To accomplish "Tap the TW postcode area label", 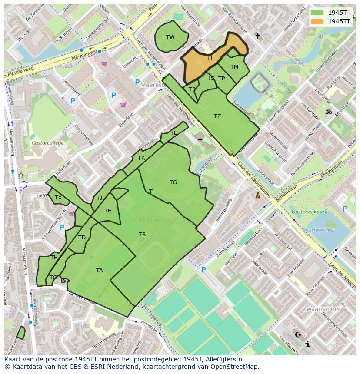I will tap(170, 37).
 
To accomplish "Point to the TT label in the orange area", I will tap(210, 57).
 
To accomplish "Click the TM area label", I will tap(234, 67).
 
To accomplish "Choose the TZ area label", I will tap(217, 116).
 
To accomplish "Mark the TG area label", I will tap(173, 182).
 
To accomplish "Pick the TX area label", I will tap(58, 198).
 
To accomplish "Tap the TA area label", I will tap(100, 271).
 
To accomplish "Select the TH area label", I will tap(54, 258).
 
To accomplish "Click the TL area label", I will tap(173, 133).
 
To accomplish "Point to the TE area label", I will tap(108, 211).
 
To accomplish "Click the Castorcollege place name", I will tap(47, 142).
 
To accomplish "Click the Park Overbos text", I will tap(154, 220).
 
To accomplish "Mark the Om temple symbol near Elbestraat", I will tap(328, 112).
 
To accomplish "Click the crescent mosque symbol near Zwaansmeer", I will tap(298, 334).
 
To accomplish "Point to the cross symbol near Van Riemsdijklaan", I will tap(257, 36).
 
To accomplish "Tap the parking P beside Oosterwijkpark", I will tap(345, 209).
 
